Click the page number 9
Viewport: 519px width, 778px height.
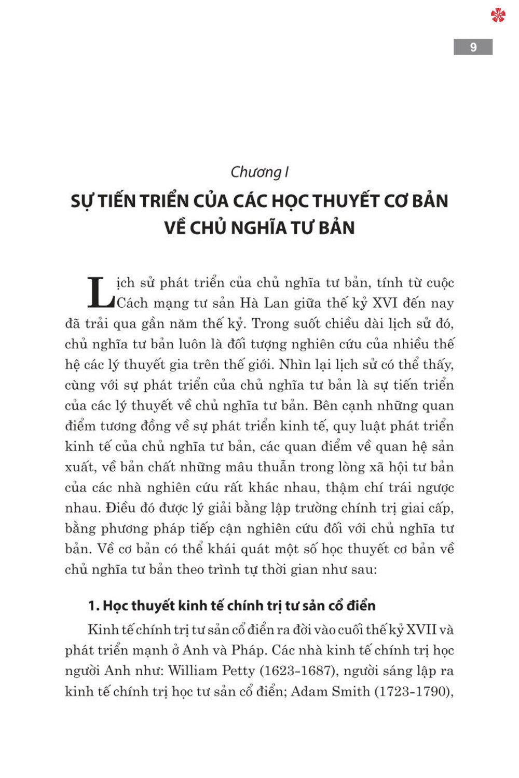pyautogui.click(x=473, y=47)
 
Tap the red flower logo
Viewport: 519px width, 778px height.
pyautogui.click(x=498, y=16)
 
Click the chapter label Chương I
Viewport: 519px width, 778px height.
pyautogui.click(x=259, y=172)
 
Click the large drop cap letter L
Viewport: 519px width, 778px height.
pyautogui.click(x=100, y=293)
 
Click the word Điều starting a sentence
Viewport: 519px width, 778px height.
pyautogui.click(x=123, y=508)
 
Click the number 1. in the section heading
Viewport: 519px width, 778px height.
pyautogui.click(x=93, y=606)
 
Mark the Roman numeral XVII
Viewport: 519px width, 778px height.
pyautogui.click(x=421, y=630)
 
